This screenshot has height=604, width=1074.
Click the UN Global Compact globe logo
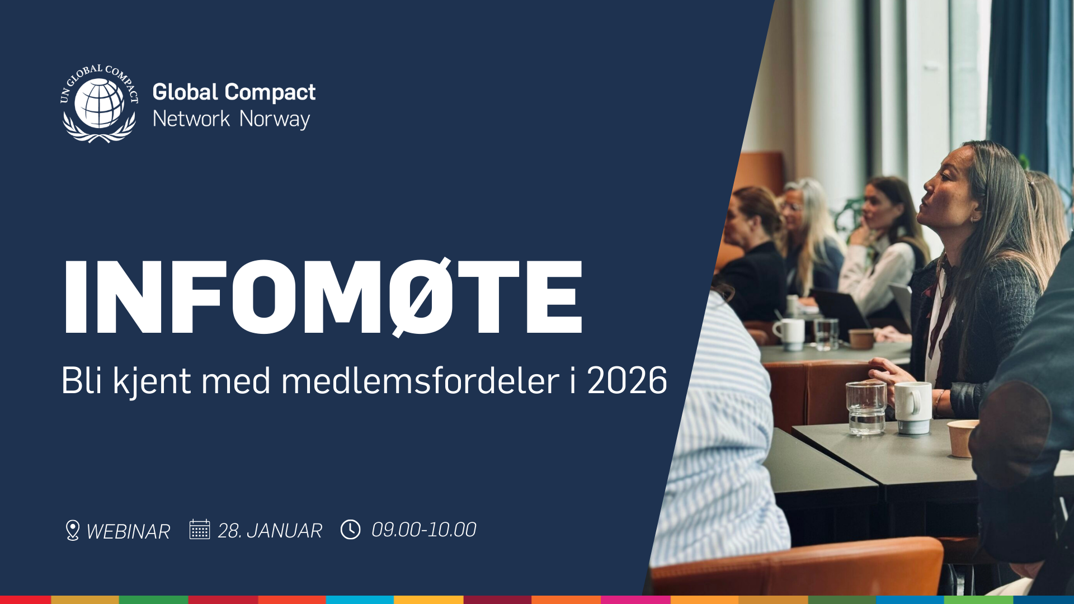pos(99,103)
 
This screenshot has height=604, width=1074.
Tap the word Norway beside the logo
pos(275,119)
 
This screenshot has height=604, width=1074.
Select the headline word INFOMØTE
pos(323,296)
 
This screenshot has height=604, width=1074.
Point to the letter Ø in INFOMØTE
pos(421,296)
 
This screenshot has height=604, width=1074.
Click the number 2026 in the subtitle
pos(626,381)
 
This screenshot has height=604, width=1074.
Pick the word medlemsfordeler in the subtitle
pos(420,381)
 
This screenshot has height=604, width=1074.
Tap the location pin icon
pos(72,530)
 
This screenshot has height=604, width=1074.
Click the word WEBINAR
pos(128,531)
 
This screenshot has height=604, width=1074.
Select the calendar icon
pos(199,529)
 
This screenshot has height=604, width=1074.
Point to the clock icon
pos(351,529)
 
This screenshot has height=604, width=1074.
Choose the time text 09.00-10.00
pos(423,530)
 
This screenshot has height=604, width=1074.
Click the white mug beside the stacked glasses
pos(913,407)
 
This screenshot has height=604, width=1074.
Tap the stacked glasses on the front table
pos(866,408)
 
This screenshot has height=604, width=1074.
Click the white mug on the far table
pos(790,333)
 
